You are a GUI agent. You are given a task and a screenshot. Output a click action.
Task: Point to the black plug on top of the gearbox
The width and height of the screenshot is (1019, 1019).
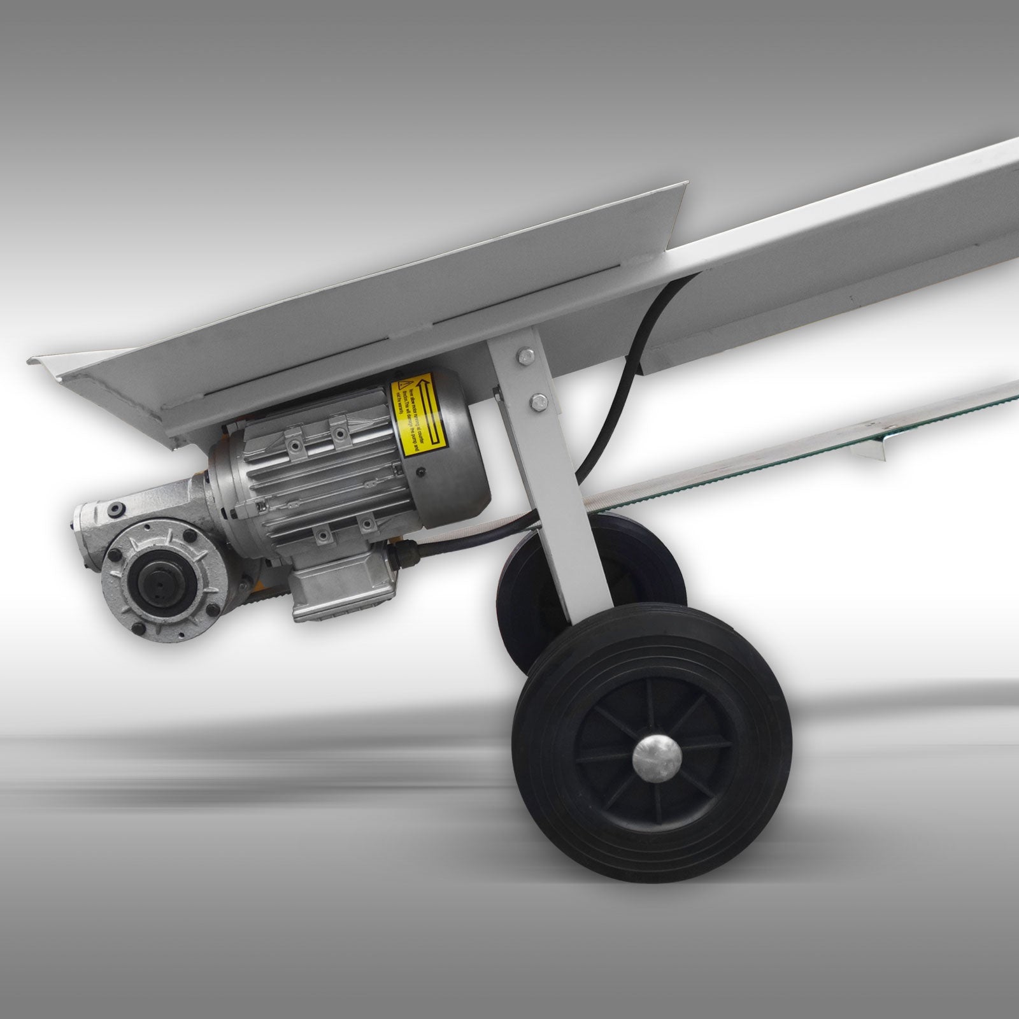117,508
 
